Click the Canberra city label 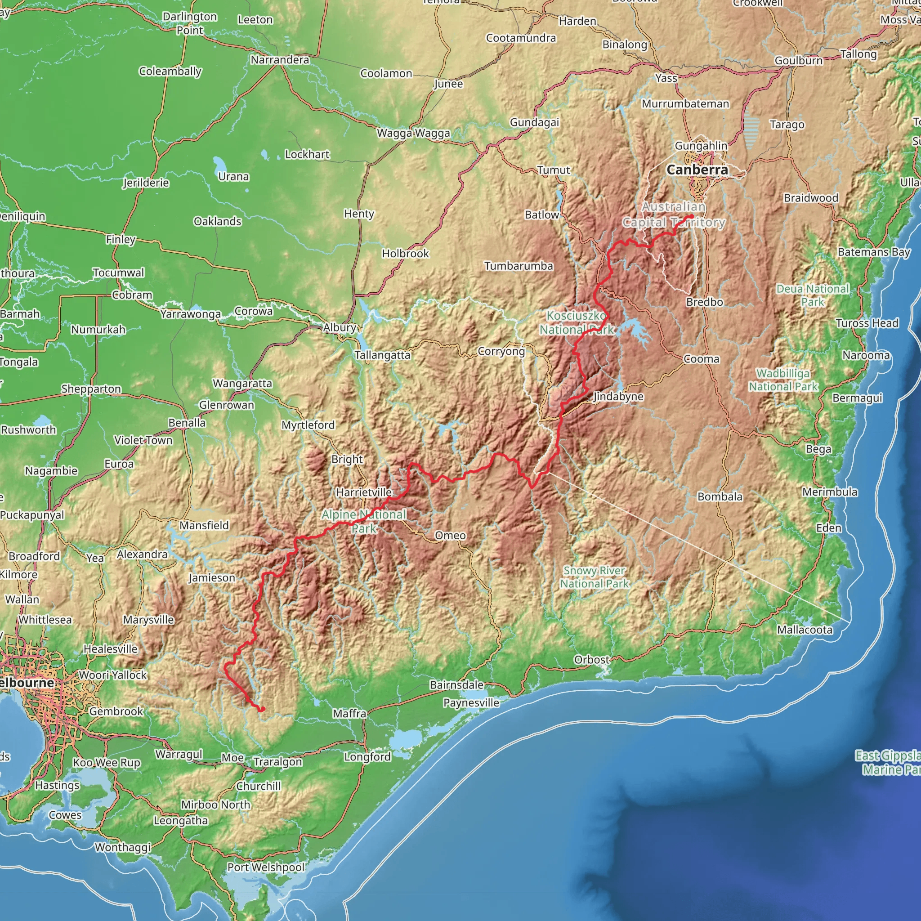pyautogui.click(x=697, y=170)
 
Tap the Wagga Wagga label pyautogui.click(x=413, y=133)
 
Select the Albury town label pyautogui.click(x=340, y=327)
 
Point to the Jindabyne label pyautogui.click(x=618, y=397)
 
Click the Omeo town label pyautogui.click(x=450, y=535)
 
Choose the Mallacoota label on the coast pyautogui.click(x=805, y=630)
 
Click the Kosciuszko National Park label pyautogui.click(x=577, y=323)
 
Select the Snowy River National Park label pyautogui.click(x=595, y=577)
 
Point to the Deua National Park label pyautogui.click(x=813, y=295)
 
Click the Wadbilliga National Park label pyautogui.click(x=783, y=380)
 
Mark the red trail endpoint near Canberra pyautogui.click(x=691, y=217)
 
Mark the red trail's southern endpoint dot pyautogui.click(x=262, y=709)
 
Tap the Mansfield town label pyautogui.click(x=204, y=525)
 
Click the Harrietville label pyautogui.click(x=364, y=492)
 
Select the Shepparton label pyautogui.click(x=91, y=389)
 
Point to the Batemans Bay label pyautogui.click(x=874, y=252)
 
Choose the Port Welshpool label pyautogui.click(x=265, y=867)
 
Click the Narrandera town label pyautogui.click(x=280, y=60)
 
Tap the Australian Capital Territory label pyautogui.click(x=674, y=215)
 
